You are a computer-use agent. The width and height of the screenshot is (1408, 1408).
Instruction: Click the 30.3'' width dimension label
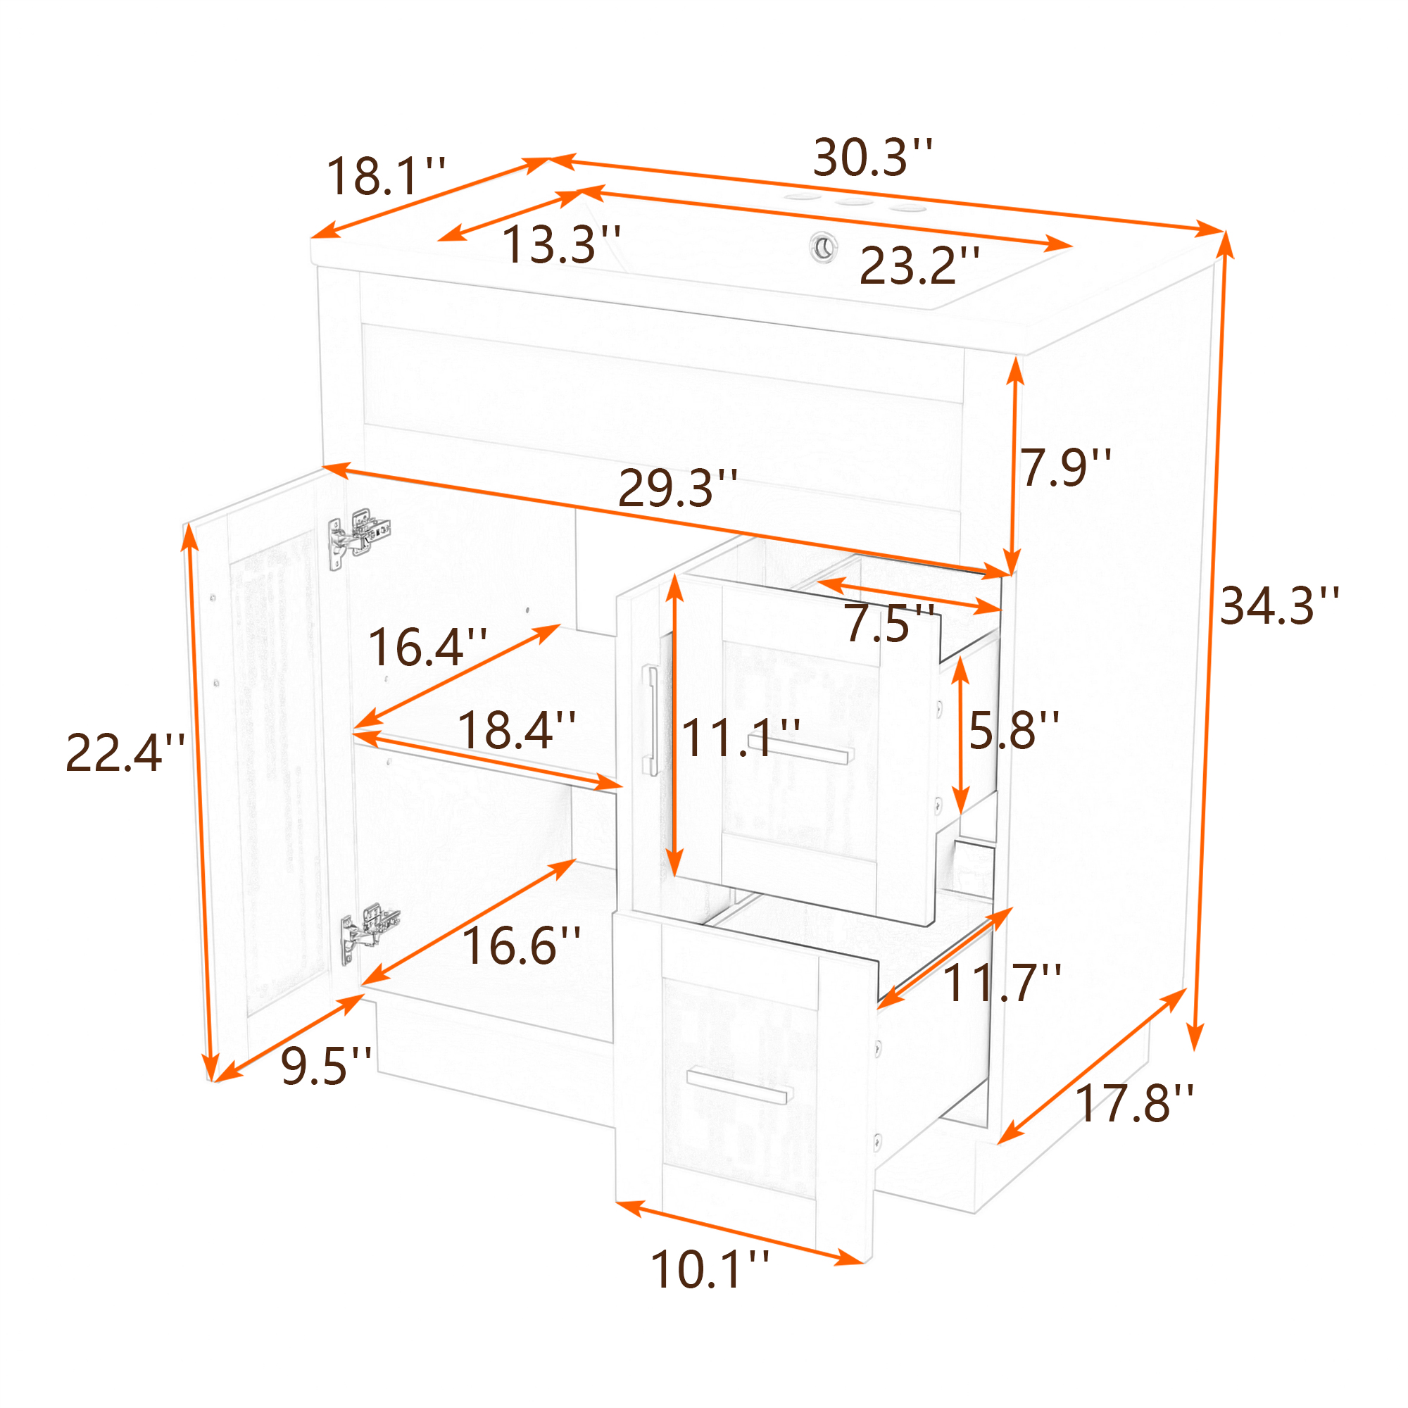(872, 158)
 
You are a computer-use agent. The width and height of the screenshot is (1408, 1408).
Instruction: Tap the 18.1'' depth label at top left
(386, 177)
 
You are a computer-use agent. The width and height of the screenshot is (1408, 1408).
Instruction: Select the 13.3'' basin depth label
(561, 244)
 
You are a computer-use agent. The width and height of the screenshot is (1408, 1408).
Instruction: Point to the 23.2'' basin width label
(919, 265)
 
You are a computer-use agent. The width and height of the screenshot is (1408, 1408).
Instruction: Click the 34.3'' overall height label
(1280, 605)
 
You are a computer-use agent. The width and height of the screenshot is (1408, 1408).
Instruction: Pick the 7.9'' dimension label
(1065, 467)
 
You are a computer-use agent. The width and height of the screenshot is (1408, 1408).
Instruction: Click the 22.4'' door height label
(125, 753)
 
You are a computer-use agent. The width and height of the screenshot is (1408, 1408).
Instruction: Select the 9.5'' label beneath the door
(327, 1066)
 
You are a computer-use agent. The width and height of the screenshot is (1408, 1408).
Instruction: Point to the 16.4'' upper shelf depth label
(428, 647)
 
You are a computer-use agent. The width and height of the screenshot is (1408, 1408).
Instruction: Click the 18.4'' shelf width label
(517, 730)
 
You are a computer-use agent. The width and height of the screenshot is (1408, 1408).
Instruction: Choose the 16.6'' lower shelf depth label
(522, 947)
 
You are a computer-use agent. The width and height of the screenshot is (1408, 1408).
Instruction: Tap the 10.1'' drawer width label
(710, 1269)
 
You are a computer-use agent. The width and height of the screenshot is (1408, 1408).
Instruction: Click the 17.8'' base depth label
(1135, 1103)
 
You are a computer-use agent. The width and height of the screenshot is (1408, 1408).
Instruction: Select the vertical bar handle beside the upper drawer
(650, 720)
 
